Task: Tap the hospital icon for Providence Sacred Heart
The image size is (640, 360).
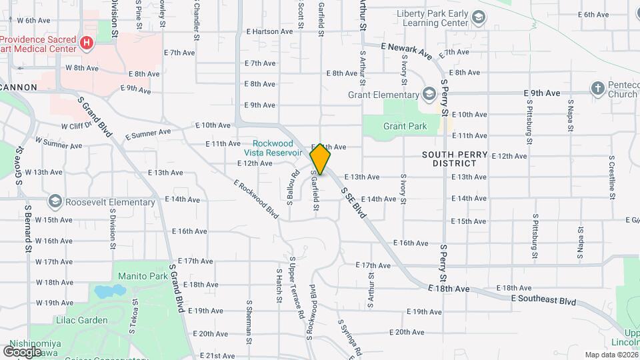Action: tap(86, 43)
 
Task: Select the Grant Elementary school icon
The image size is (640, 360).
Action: tap(429, 95)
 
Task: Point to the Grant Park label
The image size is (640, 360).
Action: tap(405, 125)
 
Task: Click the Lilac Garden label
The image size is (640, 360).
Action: tap(82, 320)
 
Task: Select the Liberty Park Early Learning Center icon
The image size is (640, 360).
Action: tap(478, 17)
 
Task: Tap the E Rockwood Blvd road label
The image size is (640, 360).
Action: tap(256, 199)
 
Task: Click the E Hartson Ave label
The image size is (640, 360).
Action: tap(269, 31)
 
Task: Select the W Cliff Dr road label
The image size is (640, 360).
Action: tap(76, 125)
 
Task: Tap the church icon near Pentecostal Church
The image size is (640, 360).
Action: tap(598, 88)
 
